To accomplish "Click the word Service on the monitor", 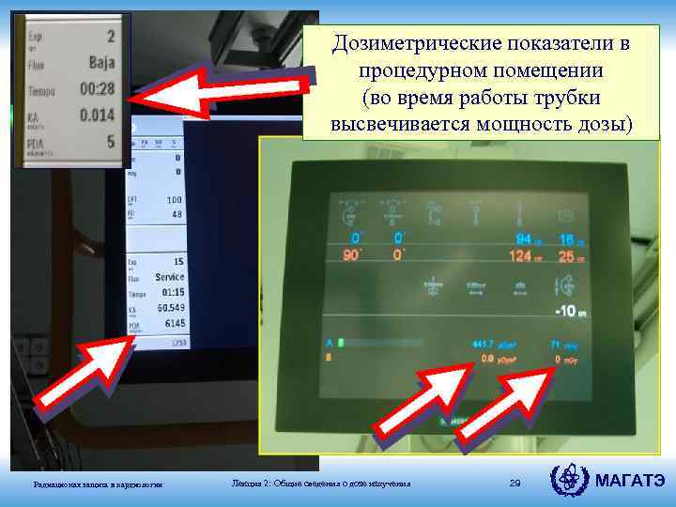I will [169, 277].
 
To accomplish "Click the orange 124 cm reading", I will [523, 256].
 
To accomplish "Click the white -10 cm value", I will [572, 311].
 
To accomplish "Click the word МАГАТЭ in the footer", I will [630, 483].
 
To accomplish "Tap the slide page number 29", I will [514, 483].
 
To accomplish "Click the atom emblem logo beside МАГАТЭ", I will [569, 481].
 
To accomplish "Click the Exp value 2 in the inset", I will [110, 37].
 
